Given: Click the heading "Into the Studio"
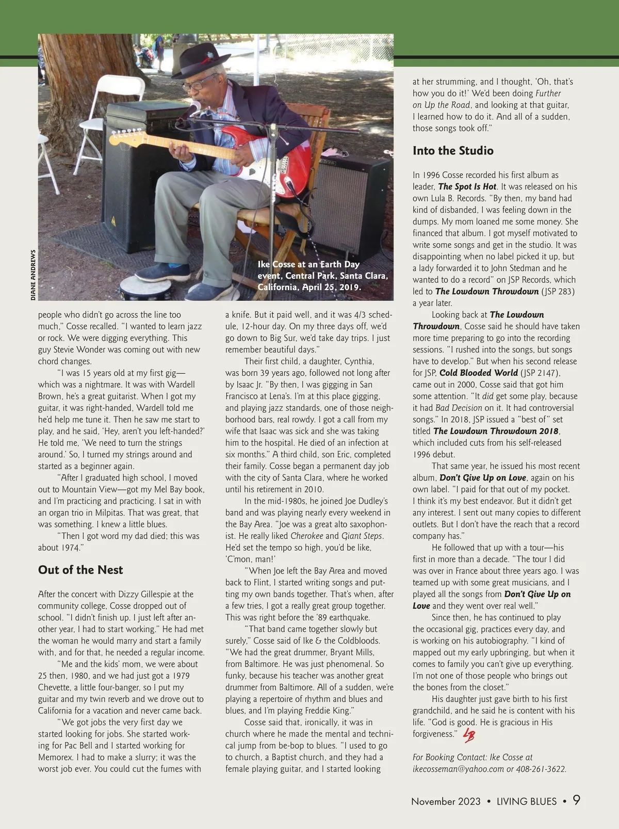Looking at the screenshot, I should pos(453,151).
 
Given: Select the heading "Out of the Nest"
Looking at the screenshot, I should pos(80,570).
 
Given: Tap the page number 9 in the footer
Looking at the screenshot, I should pos(576,801).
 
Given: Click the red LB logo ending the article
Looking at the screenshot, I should pos(468,736).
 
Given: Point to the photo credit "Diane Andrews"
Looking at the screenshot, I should pos(33,275).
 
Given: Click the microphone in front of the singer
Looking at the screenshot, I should pos(195,107).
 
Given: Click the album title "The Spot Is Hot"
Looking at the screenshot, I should pos(467,186).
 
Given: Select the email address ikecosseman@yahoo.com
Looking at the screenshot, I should pos(459,769).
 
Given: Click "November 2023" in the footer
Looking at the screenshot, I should pos(446,802).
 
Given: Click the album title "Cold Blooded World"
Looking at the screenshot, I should pos(478,373).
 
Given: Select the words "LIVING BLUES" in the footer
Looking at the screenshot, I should pos(527,802).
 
